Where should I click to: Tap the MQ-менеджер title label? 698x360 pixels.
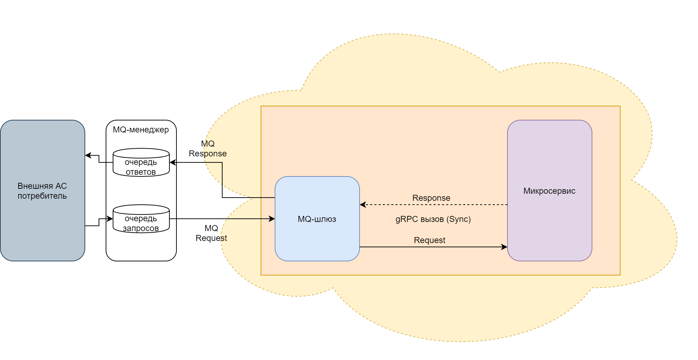tap(141, 130)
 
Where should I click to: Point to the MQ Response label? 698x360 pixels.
tap(208, 149)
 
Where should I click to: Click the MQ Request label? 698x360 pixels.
tap(211, 233)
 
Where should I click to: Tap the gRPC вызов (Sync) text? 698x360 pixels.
tap(433, 219)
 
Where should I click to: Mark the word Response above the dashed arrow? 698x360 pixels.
tap(431, 198)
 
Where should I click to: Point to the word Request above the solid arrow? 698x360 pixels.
tap(429, 240)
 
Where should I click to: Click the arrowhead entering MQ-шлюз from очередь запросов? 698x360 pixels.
tap(272, 219)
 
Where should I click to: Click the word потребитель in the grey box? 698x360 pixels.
tap(42, 196)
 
